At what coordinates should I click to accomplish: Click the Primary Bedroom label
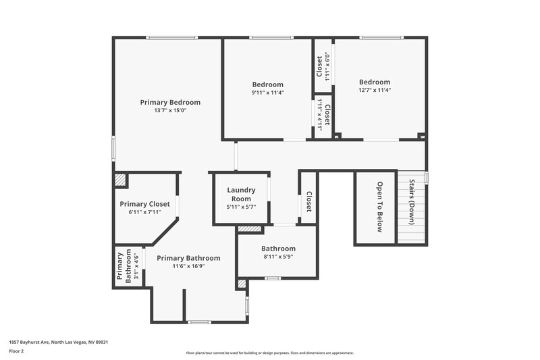170,103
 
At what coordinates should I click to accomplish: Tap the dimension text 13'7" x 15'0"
170,111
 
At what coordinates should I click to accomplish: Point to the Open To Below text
379,207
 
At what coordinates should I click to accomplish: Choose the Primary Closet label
144,204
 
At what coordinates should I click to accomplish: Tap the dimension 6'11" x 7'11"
144,212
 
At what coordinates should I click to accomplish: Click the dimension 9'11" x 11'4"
268,93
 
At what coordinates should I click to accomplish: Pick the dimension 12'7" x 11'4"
375,90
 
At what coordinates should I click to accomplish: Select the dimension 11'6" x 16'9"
188,266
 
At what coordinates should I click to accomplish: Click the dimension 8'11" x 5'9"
278,257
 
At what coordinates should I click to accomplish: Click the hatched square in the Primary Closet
119,180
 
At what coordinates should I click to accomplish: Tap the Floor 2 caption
16,351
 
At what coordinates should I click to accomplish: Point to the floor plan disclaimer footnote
269,353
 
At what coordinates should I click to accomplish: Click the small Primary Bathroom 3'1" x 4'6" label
128,266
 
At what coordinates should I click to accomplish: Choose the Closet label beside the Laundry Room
308,202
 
